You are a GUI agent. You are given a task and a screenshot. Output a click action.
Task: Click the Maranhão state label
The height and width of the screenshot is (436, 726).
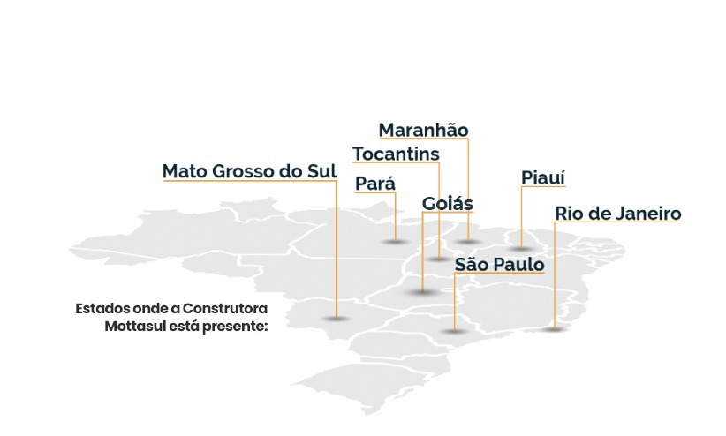423,131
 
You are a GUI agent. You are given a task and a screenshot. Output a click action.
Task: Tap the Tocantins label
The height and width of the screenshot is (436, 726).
396,154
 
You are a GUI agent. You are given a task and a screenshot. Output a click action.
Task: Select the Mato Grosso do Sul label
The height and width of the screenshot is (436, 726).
249,171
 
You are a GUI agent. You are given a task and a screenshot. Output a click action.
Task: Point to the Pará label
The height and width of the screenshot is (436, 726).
374,184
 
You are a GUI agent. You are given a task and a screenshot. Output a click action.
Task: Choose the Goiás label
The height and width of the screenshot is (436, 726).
448,203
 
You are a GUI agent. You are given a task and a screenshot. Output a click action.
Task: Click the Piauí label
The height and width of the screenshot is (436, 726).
543,178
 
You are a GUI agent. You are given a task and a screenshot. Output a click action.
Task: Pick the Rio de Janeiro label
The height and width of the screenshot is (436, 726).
617,214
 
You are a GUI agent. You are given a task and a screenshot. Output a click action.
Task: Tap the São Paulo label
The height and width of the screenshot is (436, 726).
499,264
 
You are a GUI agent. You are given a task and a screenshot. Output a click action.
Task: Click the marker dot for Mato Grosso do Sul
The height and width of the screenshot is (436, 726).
335,318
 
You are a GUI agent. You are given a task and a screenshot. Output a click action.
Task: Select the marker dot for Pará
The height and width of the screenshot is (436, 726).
395,241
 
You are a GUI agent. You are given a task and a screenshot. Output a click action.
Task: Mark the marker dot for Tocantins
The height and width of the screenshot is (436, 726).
439,259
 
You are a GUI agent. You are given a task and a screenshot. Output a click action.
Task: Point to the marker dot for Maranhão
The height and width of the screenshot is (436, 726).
468,241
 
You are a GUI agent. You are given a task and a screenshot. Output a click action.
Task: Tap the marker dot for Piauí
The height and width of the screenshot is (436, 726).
520,248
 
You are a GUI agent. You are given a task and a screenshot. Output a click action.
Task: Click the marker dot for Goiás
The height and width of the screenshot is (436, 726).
422,292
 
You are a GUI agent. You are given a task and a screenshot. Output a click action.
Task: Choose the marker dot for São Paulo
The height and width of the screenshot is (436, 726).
453,331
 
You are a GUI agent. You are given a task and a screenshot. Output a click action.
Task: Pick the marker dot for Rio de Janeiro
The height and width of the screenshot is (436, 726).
554,329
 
